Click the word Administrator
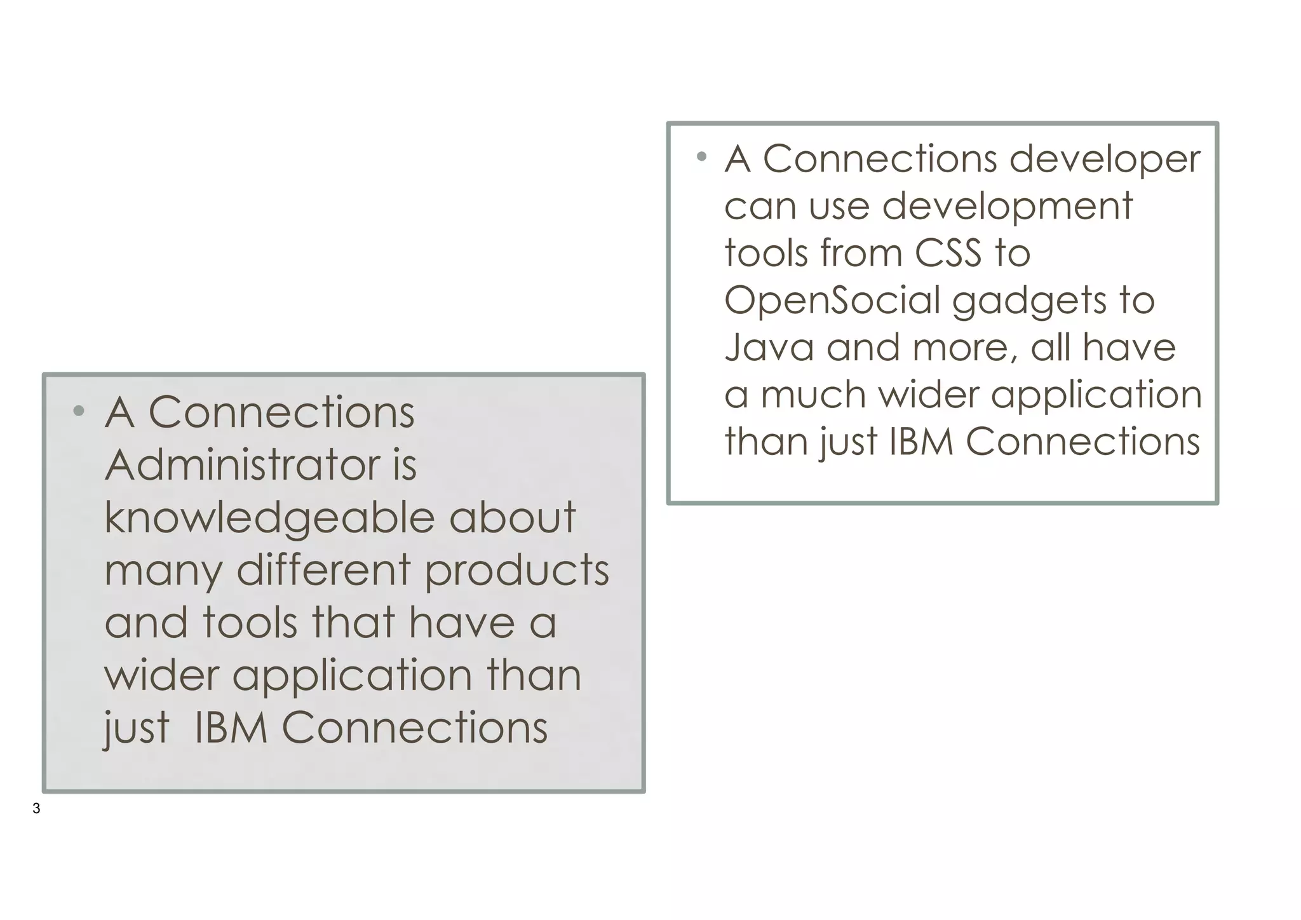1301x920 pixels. [x=242, y=465]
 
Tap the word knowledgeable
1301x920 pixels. [x=269, y=518]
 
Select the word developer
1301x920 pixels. [x=1105, y=160]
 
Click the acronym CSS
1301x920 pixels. [x=948, y=253]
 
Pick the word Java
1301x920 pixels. [x=769, y=348]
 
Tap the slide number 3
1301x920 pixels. [x=36, y=809]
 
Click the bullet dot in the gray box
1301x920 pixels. [x=79, y=411]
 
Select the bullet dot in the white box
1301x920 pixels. [x=701, y=156]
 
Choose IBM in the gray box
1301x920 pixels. [x=231, y=727]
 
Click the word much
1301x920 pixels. [x=814, y=395]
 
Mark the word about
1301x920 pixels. [x=512, y=517]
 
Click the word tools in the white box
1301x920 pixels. [x=765, y=253]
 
